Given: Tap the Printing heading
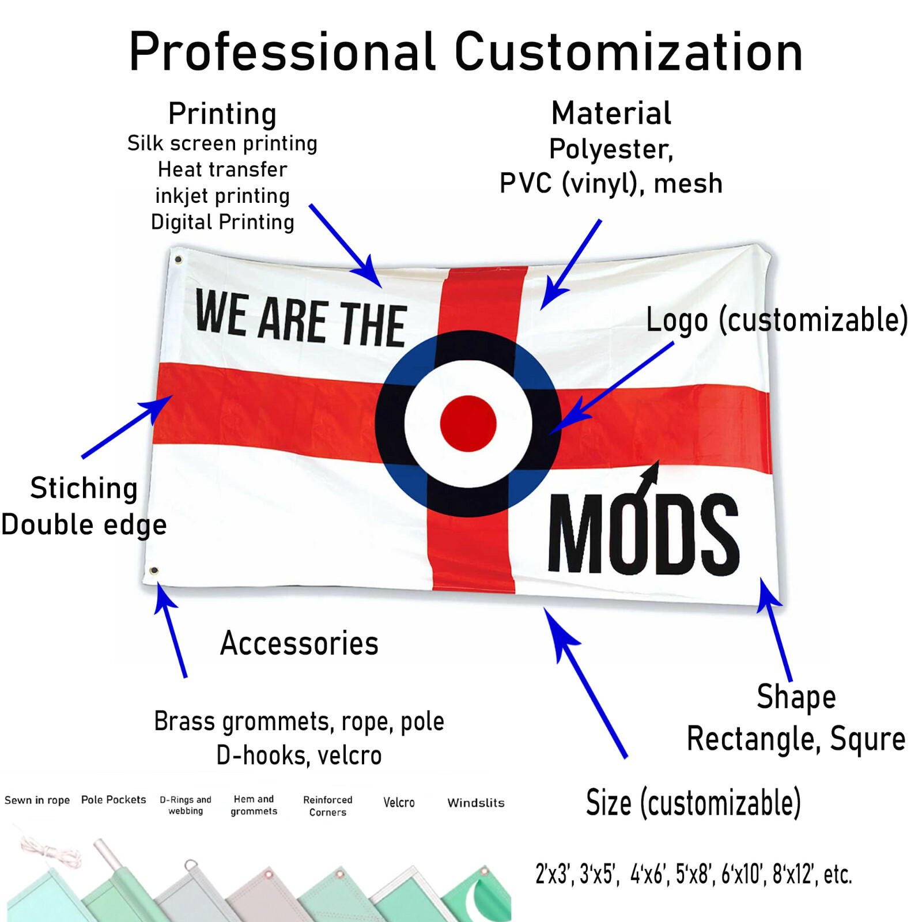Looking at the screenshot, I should pyautogui.click(x=222, y=114).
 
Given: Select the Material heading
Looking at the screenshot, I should pyautogui.click(x=611, y=113).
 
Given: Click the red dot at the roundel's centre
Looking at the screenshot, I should pyautogui.click(x=468, y=424).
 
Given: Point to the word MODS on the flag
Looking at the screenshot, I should pyautogui.click(x=643, y=535).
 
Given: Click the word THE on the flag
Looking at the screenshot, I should pyautogui.click(x=372, y=324).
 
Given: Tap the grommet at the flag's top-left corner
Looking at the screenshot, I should pyautogui.click(x=178, y=260).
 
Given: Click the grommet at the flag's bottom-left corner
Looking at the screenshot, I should pyautogui.click(x=154, y=570).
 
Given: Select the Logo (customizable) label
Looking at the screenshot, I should pyautogui.click(x=776, y=320).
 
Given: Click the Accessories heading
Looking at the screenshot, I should pyautogui.click(x=299, y=643).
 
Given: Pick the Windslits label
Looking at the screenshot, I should pyautogui.click(x=475, y=803).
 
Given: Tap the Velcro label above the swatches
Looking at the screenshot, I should pyautogui.click(x=399, y=802).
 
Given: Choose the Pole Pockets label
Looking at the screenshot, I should pyautogui.click(x=114, y=800).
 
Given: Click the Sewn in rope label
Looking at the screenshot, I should pyautogui.click(x=37, y=800).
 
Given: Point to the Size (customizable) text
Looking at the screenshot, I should pyautogui.click(x=693, y=802).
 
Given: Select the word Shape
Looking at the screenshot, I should pyautogui.click(x=796, y=697).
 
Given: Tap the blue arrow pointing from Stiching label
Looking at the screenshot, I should pyautogui.click(x=127, y=426).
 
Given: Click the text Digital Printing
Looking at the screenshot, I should pyautogui.click(x=222, y=222).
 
